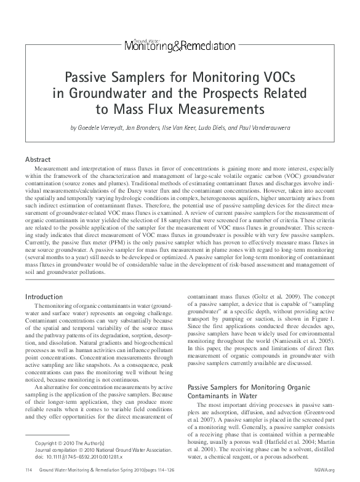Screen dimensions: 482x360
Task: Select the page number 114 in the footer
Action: point(28,470)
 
